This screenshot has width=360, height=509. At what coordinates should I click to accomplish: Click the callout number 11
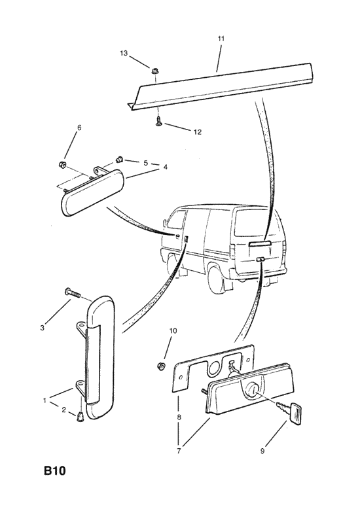(x=221, y=39)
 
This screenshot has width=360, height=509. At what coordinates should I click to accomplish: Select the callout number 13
(x=124, y=53)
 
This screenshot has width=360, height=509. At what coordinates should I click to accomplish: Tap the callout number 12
(x=198, y=132)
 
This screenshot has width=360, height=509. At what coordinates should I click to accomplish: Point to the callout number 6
(x=79, y=127)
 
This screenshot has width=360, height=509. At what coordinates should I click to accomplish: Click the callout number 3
(x=43, y=328)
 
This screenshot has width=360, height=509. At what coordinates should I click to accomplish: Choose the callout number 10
(x=173, y=330)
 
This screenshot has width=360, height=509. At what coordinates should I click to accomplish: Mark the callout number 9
(x=262, y=451)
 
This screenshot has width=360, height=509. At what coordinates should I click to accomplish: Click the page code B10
(x=54, y=470)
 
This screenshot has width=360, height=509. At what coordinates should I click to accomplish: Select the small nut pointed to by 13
(x=154, y=71)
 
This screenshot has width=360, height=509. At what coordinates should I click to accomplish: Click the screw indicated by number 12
(x=158, y=122)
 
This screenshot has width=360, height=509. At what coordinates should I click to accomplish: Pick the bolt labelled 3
(x=73, y=293)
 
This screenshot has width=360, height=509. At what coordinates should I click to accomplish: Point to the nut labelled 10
(x=160, y=366)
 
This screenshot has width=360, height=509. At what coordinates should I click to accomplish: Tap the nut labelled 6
(x=62, y=164)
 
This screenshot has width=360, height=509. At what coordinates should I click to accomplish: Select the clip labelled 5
(x=119, y=160)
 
